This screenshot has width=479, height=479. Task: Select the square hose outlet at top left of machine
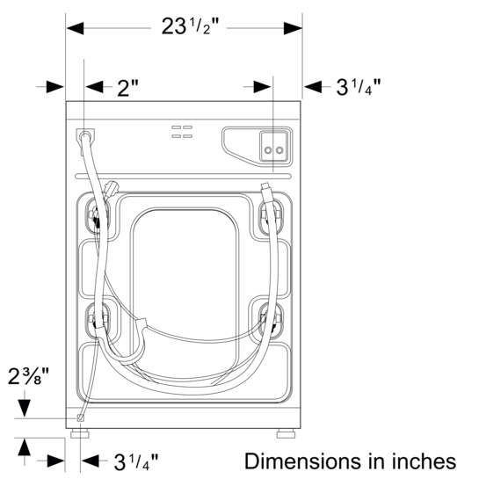pyautogui.click(x=85, y=136)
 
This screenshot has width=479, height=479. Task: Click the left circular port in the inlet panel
pyautogui.click(x=269, y=150)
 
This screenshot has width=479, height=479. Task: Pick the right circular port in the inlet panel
pyautogui.click(x=280, y=150)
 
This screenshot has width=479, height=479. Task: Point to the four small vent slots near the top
pyautogui.click(x=182, y=132)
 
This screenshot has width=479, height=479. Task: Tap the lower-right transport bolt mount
pyautogui.click(x=269, y=318)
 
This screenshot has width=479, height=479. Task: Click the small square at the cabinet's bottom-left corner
pyautogui.click(x=80, y=418)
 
